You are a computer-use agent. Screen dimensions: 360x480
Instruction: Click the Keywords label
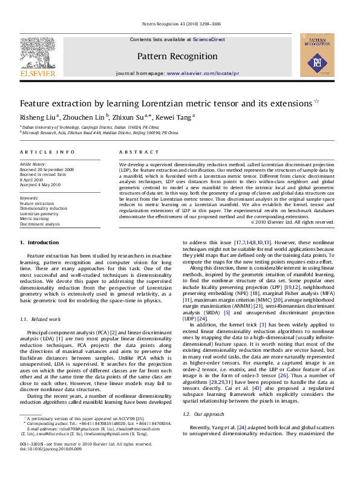click(x=30, y=198)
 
